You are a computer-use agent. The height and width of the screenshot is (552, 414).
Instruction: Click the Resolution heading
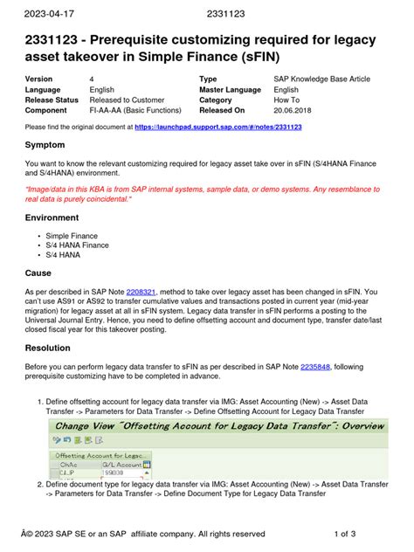[54, 348]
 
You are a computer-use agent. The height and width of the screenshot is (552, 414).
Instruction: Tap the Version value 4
[92, 79]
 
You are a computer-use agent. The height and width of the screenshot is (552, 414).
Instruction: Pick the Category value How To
[288, 100]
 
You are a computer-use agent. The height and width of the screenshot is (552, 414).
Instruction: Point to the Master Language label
[234, 90]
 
